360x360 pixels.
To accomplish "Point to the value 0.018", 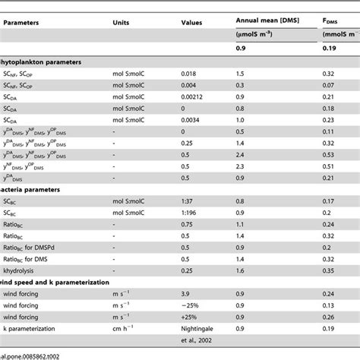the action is point(191,74).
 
